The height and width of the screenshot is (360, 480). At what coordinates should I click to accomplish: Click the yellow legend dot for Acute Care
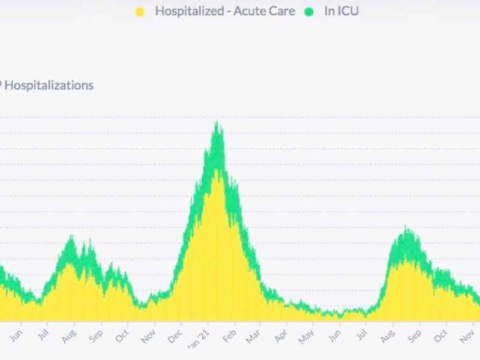pos(140,11)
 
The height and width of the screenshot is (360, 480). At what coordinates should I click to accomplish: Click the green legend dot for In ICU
pos(310,11)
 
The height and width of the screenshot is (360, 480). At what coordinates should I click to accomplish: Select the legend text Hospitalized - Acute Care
pos(225,11)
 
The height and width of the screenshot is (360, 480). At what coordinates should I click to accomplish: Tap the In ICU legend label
pos(341,11)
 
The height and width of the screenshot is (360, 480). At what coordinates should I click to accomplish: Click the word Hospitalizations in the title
pos(49,85)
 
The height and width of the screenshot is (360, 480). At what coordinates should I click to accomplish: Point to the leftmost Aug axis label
pos(70,336)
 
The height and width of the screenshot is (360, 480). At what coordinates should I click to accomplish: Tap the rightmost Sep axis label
pos(415,336)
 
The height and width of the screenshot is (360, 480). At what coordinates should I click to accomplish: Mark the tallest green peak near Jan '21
pos(217,123)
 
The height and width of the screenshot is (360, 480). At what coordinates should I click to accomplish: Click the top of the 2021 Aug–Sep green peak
pos(406,228)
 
